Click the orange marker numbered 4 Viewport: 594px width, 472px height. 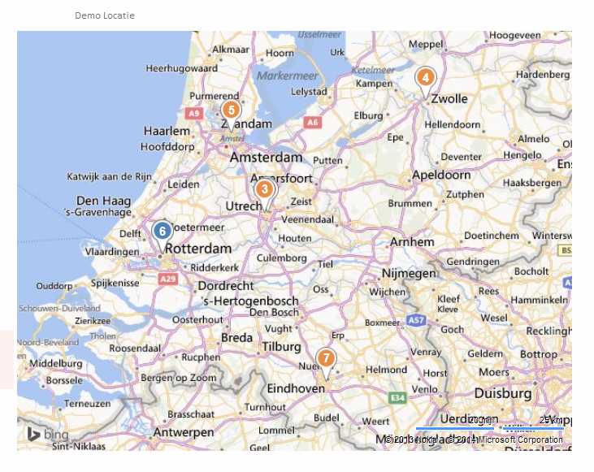coord(424,78)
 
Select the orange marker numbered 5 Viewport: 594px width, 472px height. coord(232,110)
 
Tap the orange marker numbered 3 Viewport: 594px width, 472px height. coord(264,189)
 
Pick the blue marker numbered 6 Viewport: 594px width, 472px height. coord(163,231)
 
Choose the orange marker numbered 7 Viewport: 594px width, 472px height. coord(326,358)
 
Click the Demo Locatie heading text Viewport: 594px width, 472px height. coord(105,15)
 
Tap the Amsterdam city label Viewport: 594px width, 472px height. coord(266,157)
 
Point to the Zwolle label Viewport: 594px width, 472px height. coord(449,99)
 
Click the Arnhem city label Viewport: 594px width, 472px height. coord(412,242)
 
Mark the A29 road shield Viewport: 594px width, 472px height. coord(167,279)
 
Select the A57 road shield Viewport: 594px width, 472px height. coord(416,321)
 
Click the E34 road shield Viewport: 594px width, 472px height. coord(397,397)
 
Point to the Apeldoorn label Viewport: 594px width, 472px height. coord(441,175)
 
